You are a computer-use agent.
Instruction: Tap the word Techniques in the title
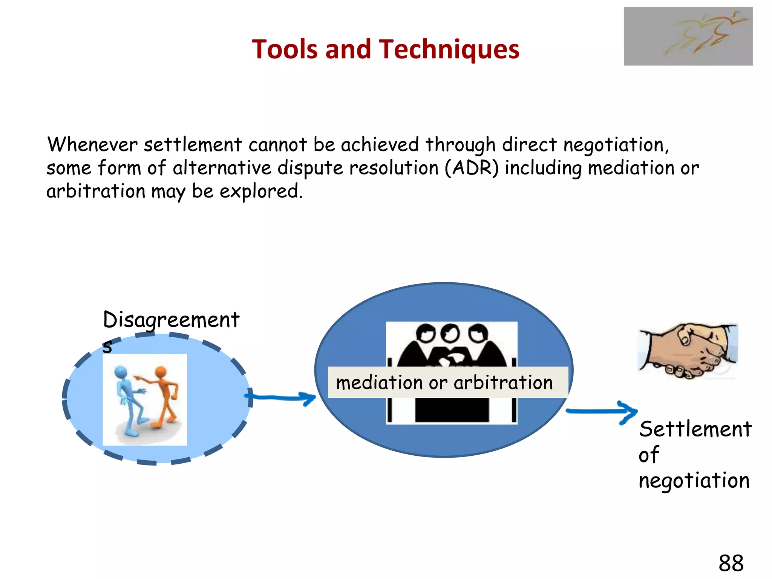point(449,49)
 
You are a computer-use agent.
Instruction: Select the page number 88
point(731,563)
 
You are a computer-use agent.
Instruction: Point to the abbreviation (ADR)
point(472,168)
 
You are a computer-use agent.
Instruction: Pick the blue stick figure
point(128,400)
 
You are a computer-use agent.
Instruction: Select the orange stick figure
point(164,396)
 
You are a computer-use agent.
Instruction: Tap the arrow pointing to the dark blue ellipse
point(281,397)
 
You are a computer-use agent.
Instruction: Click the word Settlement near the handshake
point(695,429)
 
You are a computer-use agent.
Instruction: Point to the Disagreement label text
point(171,320)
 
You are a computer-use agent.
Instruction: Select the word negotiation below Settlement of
point(694,481)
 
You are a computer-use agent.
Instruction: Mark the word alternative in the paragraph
point(222,168)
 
